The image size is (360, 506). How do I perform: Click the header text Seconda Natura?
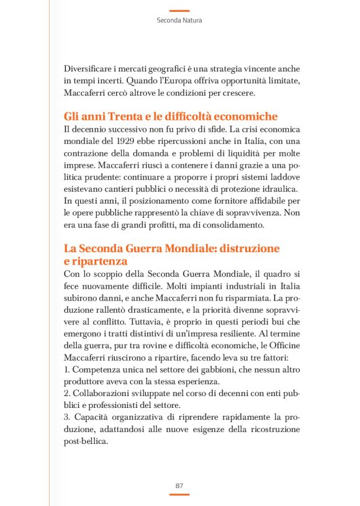(x=179, y=20)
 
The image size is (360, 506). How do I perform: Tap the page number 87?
(x=179, y=485)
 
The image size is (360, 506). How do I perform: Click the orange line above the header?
(x=179, y=11)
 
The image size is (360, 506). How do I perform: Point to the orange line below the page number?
(x=179, y=495)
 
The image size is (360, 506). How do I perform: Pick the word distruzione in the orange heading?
(x=248, y=248)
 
